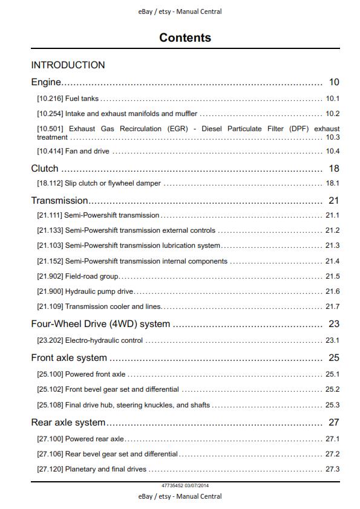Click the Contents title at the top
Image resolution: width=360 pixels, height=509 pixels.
coord(185,37)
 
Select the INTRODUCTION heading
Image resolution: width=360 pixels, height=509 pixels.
coord(68,65)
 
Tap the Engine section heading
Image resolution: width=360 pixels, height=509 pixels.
coord(46,82)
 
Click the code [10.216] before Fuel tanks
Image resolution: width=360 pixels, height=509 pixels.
coord(50,99)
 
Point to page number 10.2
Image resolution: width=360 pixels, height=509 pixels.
coord(332,114)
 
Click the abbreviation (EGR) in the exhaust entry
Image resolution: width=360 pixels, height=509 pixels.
coord(171,129)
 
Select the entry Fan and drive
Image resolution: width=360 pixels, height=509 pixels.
coord(87,151)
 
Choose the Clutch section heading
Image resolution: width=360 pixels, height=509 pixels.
coord(45,169)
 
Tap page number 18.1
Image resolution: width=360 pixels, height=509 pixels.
coord(332,183)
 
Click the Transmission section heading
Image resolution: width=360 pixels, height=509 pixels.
coord(59,201)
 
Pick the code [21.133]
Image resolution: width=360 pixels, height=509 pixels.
coord(50,230)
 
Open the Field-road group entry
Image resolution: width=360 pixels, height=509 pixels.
coord(92,276)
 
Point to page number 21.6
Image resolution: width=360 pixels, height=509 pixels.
coord(332,291)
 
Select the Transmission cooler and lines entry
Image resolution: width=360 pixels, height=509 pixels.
coord(113,306)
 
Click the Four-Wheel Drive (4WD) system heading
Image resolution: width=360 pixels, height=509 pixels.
coord(100,324)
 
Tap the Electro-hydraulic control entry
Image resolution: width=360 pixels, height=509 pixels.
coord(104,340)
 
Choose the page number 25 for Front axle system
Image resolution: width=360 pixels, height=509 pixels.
coord(334,358)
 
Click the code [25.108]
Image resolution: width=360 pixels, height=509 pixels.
coord(50,405)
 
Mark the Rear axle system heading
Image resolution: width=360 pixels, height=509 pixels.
coord(68,423)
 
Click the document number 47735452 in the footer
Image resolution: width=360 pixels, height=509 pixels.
coord(172,485)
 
